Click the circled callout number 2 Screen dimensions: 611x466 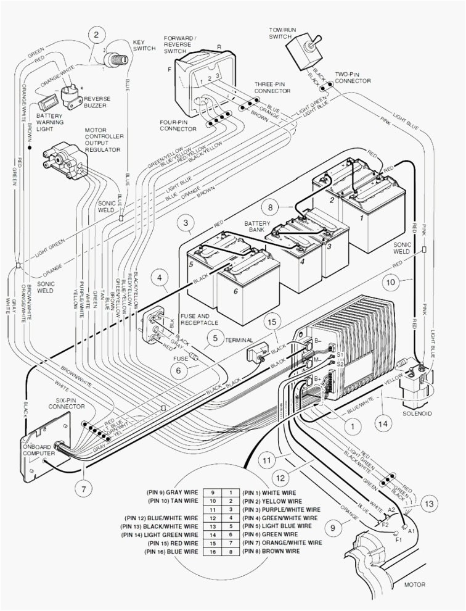(96, 35)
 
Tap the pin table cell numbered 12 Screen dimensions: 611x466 (213, 518)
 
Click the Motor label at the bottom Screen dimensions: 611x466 (415, 584)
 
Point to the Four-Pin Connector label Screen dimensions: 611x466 (178, 125)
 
